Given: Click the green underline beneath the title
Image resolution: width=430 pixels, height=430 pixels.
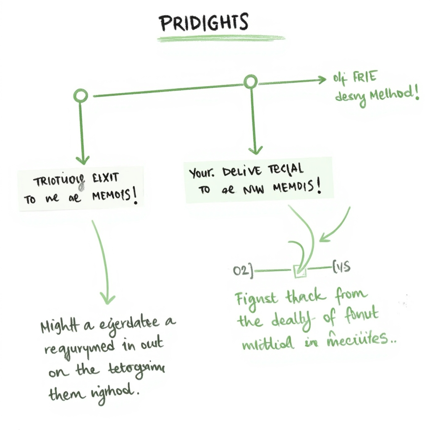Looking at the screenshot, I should click(221, 39).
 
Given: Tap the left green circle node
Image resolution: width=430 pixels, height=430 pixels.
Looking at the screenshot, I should click(81, 96).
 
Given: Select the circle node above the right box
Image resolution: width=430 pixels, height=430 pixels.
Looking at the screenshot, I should click(251, 81).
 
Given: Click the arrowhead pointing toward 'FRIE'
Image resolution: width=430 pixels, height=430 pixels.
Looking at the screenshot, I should click(322, 79).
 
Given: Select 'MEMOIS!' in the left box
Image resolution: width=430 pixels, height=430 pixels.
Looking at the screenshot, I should click(113, 197).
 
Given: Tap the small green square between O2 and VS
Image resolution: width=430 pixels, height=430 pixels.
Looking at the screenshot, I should click(300, 272).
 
